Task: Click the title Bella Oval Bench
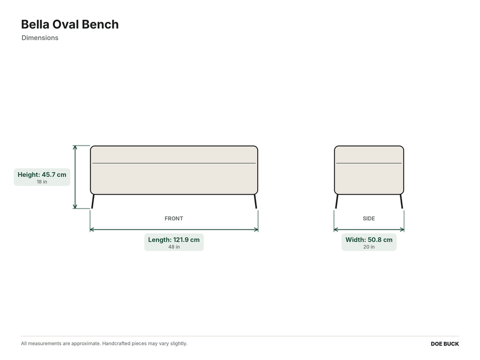[70, 25]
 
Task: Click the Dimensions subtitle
[40, 38]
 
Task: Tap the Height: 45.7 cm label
[42, 174]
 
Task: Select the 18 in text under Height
[42, 181]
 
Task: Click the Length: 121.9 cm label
[174, 239]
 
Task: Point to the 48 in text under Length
[174, 247]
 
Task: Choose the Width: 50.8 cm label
[369, 239]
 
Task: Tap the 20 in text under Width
[369, 247]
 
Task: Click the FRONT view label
[174, 219]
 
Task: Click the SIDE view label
[369, 219]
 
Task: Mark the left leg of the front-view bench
[93, 202]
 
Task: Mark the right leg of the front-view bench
[255, 202]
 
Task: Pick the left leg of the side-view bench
[337, 202]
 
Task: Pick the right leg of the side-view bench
[401, 202]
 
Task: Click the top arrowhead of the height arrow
[75, 147]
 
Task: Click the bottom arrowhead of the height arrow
[75, 207]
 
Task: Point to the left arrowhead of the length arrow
[92, 229]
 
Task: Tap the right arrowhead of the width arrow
[402, 229]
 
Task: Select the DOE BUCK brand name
[445, 344]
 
